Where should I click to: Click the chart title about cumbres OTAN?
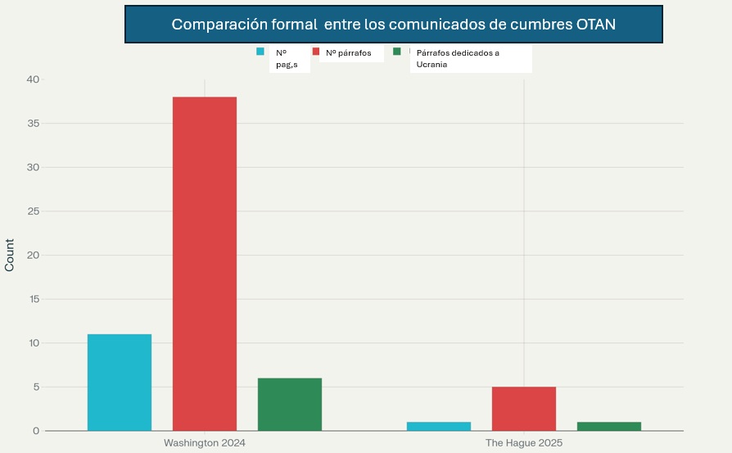point(393,25)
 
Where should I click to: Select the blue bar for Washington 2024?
point(120,382)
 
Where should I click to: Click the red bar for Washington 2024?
point(205,263)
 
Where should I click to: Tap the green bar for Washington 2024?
point(290,404)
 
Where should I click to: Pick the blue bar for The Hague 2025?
point(439,426)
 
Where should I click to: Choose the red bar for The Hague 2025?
point(524,408)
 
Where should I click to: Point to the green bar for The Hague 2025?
point(609,426)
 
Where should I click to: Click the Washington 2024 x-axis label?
point(205,442)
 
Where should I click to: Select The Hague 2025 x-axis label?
point(524,442)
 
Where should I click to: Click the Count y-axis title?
point(10,255)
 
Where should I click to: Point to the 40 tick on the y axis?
point(33,79)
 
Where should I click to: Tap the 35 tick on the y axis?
point(33,124)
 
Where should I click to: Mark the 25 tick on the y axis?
point(33,211)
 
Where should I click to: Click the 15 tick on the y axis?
point(33,299)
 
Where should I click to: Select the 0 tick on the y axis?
point(36,431)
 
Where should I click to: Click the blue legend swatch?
point(260,52)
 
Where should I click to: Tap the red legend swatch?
point(315,52)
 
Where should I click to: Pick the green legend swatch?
point(397,52)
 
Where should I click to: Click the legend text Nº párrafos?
point(349,52)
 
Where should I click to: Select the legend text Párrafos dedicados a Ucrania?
point(458,58)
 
